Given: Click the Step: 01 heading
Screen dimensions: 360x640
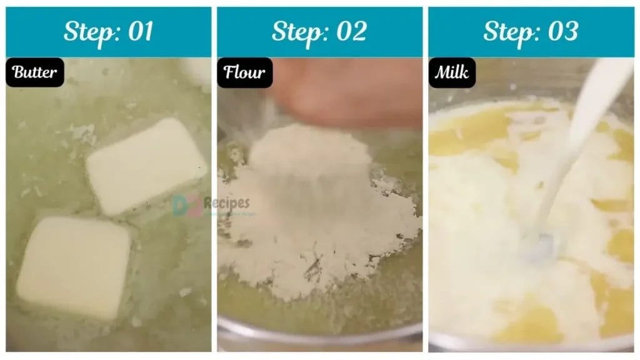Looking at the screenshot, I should pyautogui.click(x=109, y=32).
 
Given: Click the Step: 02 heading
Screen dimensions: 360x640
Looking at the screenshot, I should pyautogui.click(x=319, y=32).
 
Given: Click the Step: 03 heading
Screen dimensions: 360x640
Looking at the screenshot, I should pyautogui.click(x=531, y=32).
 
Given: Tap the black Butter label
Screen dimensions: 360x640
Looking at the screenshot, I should pyautogui.click(x=35, y=72).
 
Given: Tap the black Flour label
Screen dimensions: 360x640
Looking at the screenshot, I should pyautogui.click(x=244, y=72).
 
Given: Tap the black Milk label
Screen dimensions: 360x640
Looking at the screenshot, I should pyautogui.click(x=452, y=72).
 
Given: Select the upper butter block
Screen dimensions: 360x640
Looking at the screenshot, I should pyautogui.click(x=146, y=166).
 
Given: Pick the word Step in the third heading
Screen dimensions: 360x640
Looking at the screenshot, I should pyautogui.click(x=509, y=32).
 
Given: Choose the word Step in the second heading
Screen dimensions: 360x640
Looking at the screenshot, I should pyautogui.click(x=297, y=32).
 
